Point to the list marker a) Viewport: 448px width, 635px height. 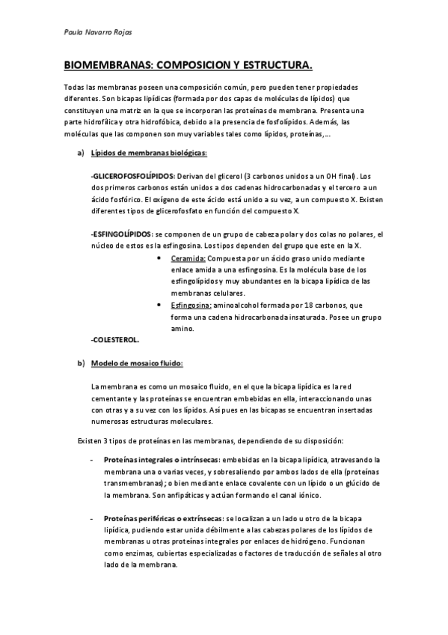click(x=80, y=153)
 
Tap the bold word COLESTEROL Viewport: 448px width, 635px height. click(x=114, y=340)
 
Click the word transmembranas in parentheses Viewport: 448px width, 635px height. click(x=132, y=483)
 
